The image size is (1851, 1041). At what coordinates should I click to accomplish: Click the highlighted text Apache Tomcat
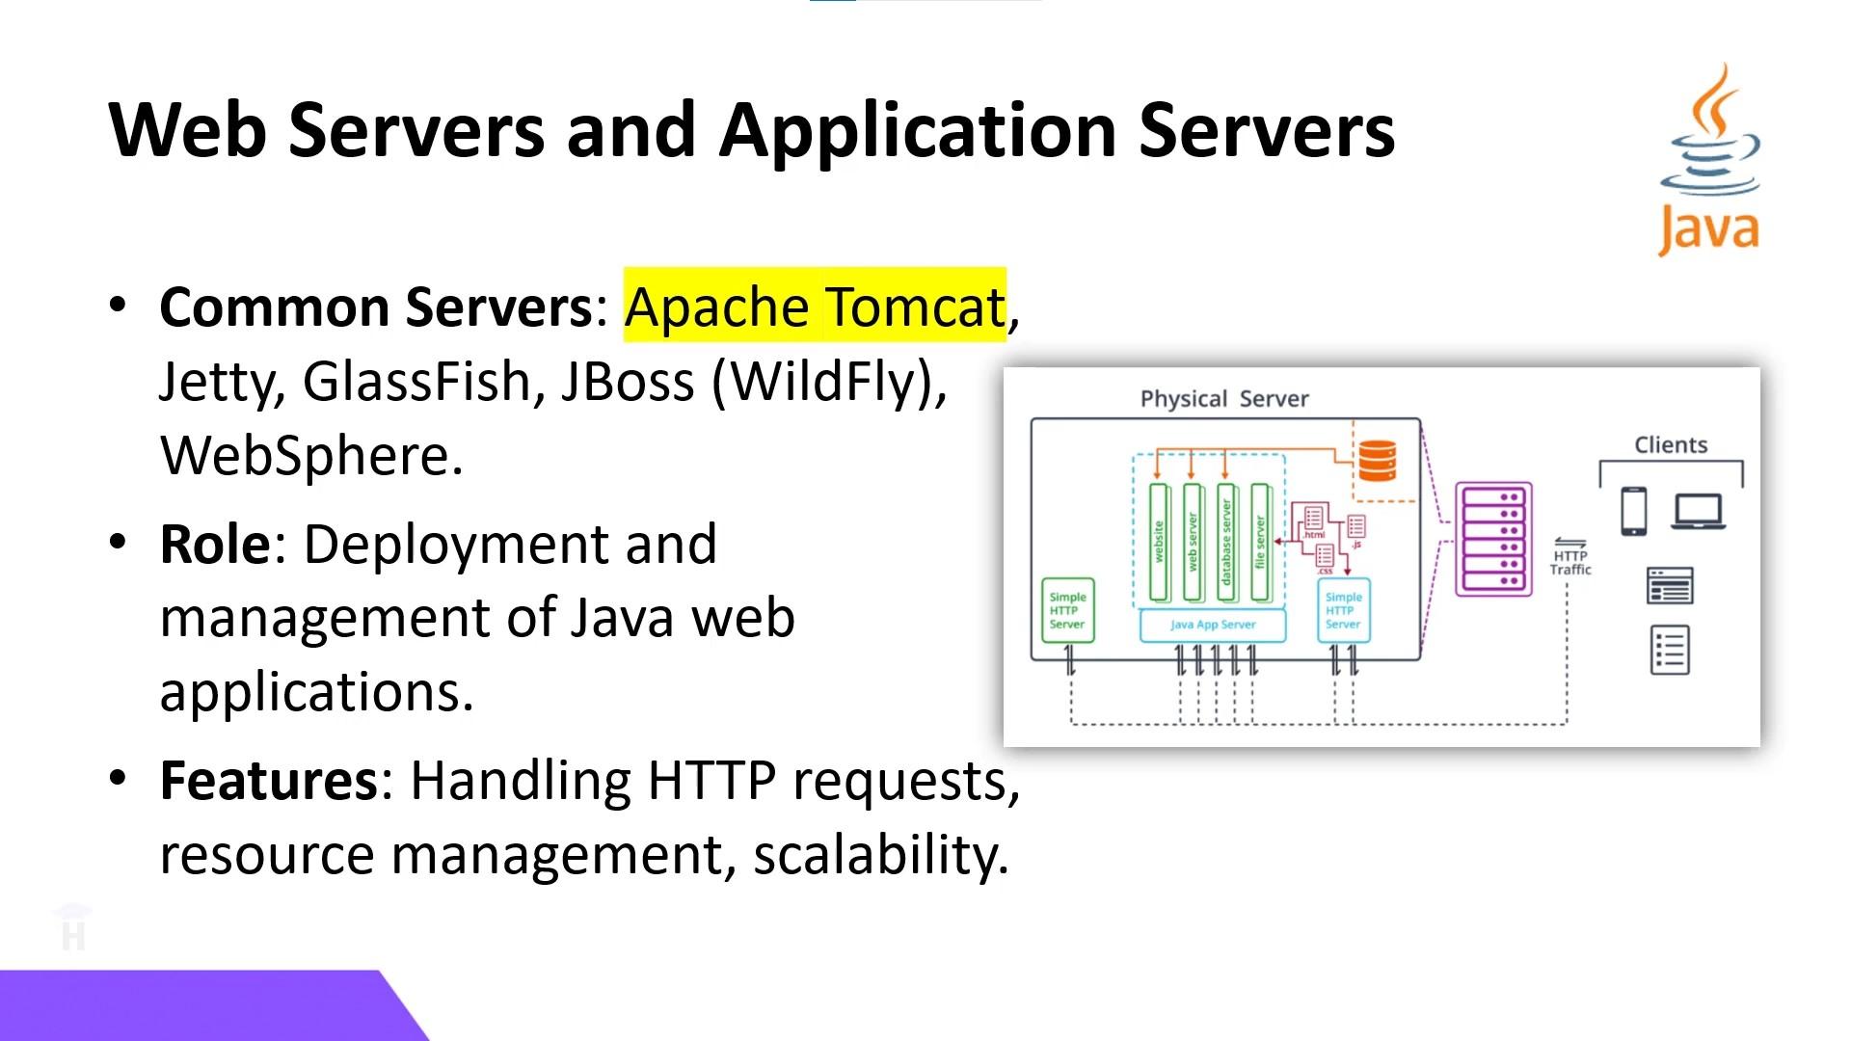(x=815, y=307)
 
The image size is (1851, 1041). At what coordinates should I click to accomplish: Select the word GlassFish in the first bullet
(x=416, y=381)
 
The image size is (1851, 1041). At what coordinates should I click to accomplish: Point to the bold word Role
(x=215, y=545)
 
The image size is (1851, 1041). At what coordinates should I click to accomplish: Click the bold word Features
(x=269, y=781)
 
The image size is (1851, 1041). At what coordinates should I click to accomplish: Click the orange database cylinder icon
(x=1377, y=460)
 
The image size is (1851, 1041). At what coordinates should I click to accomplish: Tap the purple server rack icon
(x=1492, y=540)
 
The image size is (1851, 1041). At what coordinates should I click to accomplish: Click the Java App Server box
(x=1213, y=625)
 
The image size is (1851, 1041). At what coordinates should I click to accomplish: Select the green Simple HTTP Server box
(x=1067, y=610)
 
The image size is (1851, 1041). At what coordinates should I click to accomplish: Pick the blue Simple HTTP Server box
(x=1343, y=610)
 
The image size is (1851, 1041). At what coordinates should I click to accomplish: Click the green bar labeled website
(x=1159, y=542)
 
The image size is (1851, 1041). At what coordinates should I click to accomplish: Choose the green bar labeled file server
(x=1259, y=542)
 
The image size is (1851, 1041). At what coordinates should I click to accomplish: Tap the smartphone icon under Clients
(x=1633, y=511)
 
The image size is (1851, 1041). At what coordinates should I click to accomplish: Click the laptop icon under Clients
(x=1699, y=511)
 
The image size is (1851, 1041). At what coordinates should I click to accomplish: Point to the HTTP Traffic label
(x=1569, y=561)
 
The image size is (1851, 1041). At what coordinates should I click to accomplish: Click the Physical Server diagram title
(x=1224, y=399)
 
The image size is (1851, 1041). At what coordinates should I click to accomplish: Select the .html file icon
(x=1313, y=520)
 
